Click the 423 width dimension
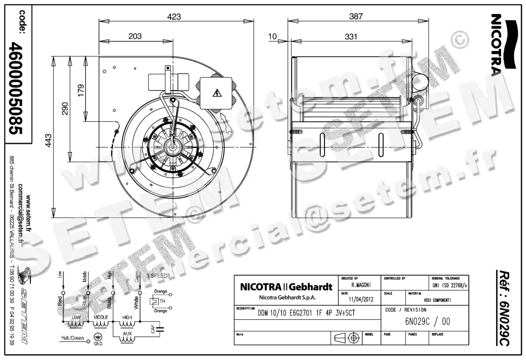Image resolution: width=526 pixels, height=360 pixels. tap(174, 17)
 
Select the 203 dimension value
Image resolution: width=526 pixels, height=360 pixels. tap(135, 36)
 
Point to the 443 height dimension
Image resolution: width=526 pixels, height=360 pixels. tap(49, 139)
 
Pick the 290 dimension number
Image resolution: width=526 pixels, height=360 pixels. tap(65, 109)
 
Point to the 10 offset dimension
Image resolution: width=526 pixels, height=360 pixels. tap(273, 36)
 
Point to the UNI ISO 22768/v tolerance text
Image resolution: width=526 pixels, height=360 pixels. tap(449, 285)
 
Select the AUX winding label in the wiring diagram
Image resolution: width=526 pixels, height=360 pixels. tap(127, 334)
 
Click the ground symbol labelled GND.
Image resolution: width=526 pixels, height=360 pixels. tap(97, 337)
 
